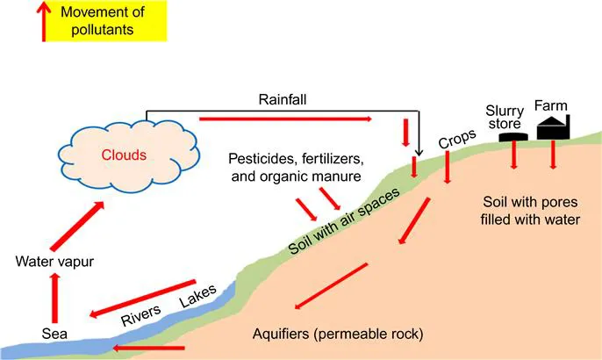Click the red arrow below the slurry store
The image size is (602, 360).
pos(514,156)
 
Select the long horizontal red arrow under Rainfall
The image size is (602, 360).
pos(286,119)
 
